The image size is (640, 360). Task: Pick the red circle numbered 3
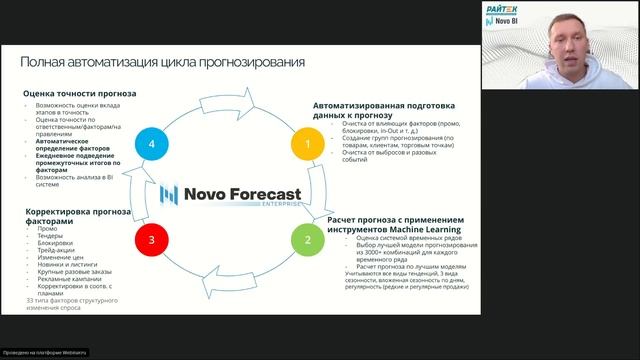click(x=151, y=240)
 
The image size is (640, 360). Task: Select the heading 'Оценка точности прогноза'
click(x=80, y=94)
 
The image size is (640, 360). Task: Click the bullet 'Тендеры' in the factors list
click(x=51, y=239)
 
